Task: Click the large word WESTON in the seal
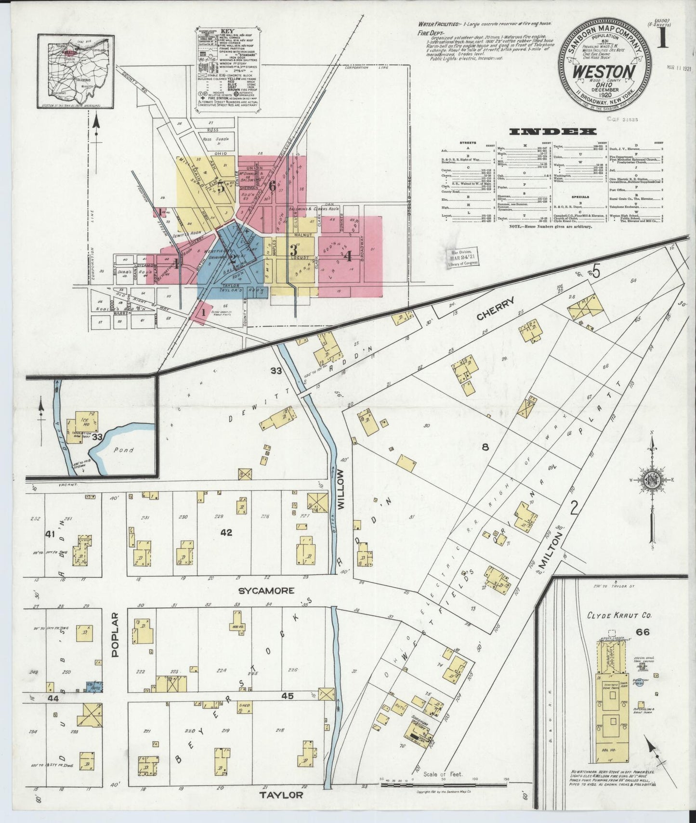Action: click(x=604, y=72)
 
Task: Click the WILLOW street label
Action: click(x=341, y=487)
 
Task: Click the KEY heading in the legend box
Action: click(x=230, y=30)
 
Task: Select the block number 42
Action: click(x=226, y=532)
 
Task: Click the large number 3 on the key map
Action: click(x=293, y=250)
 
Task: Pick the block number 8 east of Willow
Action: click(x=485, y=447)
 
